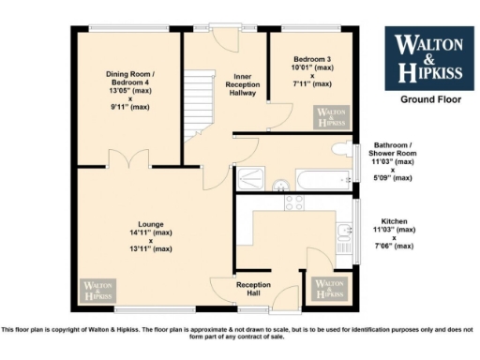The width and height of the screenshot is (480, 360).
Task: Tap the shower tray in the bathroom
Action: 252,177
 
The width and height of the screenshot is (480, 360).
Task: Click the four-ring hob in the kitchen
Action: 293,202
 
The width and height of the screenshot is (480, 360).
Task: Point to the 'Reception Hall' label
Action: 253,288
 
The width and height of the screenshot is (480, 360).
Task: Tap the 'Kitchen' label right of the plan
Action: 393,234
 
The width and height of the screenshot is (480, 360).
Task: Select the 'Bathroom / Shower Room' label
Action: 393,161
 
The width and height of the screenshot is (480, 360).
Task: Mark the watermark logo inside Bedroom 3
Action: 331,116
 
